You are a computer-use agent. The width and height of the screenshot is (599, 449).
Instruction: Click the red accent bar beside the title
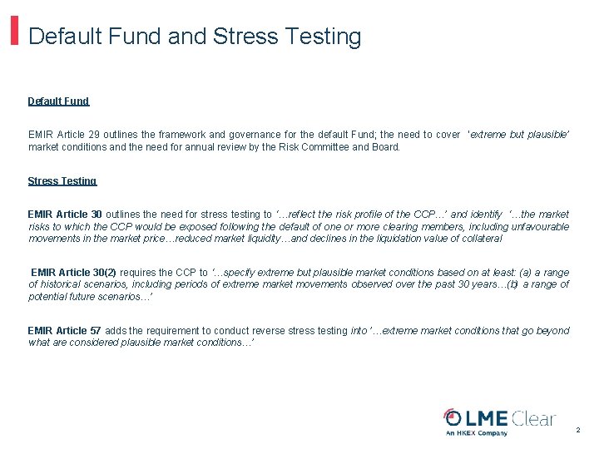coord(15,29)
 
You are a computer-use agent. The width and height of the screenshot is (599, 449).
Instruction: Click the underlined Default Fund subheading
coord(58,101)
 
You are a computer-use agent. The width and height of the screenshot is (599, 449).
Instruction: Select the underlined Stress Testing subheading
coord(62,181)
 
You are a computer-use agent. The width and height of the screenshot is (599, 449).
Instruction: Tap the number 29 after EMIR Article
coord(103,135)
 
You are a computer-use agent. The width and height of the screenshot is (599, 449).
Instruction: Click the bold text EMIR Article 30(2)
coord(74,272)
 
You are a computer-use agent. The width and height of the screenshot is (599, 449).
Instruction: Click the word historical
coord(63,284)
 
